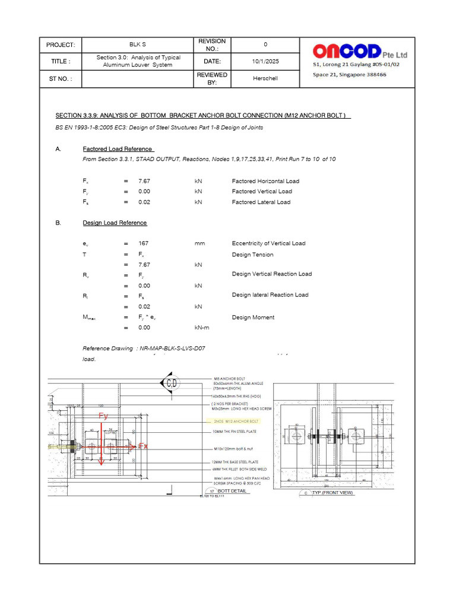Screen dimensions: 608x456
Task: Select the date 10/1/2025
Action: tap(265, 61)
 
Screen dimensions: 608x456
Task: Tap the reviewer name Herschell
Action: tap(265, 78)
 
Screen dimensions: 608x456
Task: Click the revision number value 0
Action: tap(265, 45)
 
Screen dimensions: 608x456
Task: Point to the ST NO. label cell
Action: tap(60, 78)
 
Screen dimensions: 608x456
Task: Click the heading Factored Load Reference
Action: tap(118, 149)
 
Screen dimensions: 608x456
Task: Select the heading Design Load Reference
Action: tap(115, 223)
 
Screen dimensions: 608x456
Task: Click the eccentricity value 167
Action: tap(143, 243)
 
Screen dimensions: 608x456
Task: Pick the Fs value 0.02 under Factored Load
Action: tap(144, 202)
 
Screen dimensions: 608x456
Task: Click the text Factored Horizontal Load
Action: tap(265, 181)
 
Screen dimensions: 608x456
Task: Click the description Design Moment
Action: tap(253, 317)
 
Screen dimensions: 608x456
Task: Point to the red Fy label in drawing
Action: tap(103, 416)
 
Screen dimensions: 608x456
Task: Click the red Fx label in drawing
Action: tap(142, 446)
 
